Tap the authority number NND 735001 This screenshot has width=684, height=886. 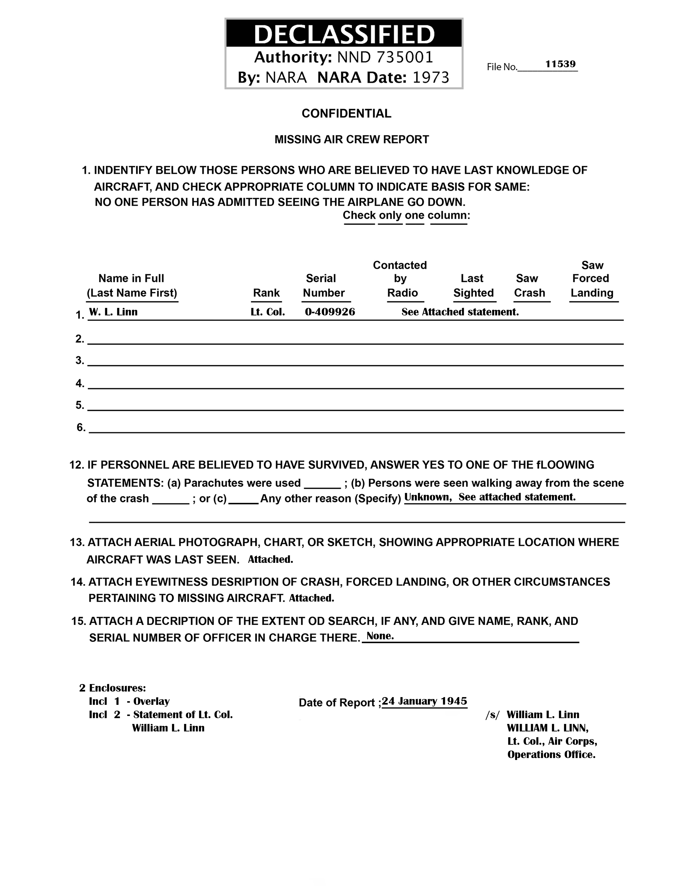click(385, 57)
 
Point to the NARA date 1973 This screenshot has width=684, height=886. click(431, 77)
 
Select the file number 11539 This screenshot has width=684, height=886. click(560, 64)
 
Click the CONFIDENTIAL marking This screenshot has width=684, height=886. click(346, 114)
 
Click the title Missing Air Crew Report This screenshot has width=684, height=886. click(351, 140)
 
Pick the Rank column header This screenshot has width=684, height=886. click(266, 293)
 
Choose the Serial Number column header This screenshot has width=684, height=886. click(324, 286)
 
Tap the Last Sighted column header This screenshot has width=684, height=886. click(473, 286)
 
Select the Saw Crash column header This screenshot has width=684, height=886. click(529, 286)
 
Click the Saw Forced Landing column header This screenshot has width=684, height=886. click(592, 279)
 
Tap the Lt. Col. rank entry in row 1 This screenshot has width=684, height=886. click(268, 312)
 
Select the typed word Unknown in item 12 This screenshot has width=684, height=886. click(428, 497)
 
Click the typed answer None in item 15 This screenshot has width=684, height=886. click(380, 636)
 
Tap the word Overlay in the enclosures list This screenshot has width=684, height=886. click(151, 701)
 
